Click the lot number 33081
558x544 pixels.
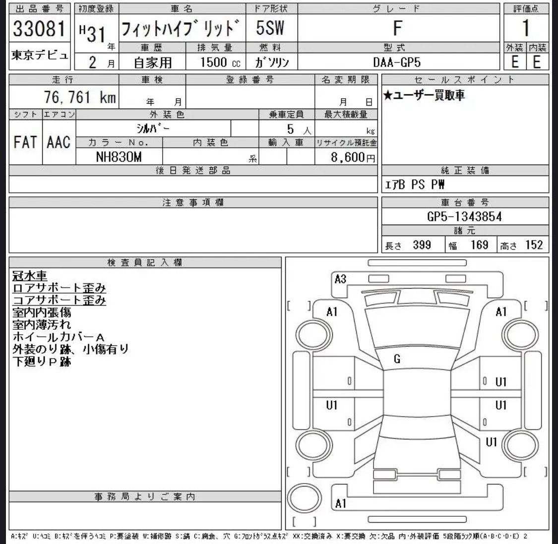coord(39,28)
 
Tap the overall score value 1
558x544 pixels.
coord(526,28)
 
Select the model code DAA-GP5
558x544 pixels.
coord(397,62)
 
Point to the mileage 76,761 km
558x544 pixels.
coord(80,97)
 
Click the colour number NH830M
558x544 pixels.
coord(119,157)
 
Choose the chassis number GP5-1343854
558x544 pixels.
coord(464,216)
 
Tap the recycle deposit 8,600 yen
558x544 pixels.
coord(353,157)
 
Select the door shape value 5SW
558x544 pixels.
coord(270,28)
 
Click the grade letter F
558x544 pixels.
coord(397,28)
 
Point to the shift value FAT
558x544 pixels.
coord(25,142)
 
